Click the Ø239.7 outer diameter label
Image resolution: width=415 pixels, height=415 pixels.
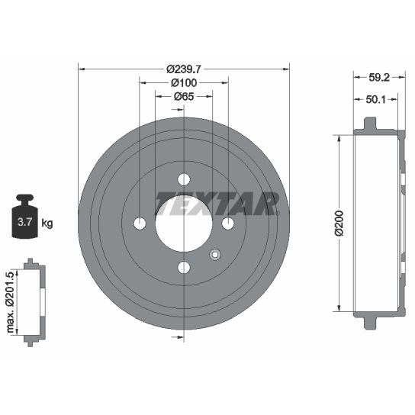click(x=184, y=69)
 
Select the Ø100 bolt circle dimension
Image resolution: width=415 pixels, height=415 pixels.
click(x=184, y=83)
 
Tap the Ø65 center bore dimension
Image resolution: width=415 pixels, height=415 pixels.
click(x=184, y=97)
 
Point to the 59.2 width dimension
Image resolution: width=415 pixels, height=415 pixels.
click(x=379, y=78)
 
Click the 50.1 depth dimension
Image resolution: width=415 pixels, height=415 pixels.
click(x=376, y=99)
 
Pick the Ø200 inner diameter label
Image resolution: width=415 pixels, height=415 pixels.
click(x=339, y=223)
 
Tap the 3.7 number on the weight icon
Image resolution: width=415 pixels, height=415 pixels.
click(x=25, y=222)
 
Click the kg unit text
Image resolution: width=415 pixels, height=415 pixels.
click(x=47, y=223)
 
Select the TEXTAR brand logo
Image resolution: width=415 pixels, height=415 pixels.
click(x=217, y=204)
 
